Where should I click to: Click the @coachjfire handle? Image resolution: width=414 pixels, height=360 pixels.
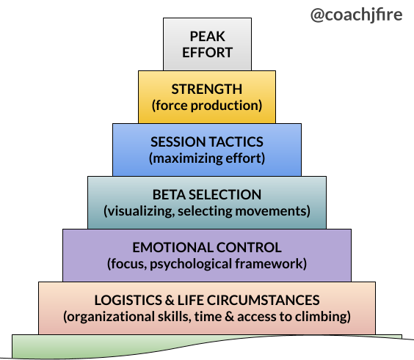(x=357, y=15)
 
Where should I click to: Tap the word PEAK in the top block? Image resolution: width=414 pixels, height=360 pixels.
(x=207, y=37)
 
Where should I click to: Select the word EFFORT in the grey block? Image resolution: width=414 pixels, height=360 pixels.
(x=207, y=52)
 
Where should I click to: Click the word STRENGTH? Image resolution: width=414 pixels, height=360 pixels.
(x=207, y=89)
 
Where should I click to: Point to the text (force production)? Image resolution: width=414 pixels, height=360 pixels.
(x=207, y=106)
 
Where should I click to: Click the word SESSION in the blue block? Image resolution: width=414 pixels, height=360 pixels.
(x=175, y=142)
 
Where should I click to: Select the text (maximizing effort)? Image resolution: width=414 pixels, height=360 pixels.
(x=207, y=158)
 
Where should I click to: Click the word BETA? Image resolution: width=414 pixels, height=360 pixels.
(x=169, y=194)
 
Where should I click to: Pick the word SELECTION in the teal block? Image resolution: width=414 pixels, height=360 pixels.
(x=225, y=194)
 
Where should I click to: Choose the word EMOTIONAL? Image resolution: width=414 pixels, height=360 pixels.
(x=172, y=247)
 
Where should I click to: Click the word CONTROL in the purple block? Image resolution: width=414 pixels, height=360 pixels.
(x=249, y=247)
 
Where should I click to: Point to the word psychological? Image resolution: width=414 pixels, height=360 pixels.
(x=191, y=264)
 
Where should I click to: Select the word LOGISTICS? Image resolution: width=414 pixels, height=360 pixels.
(x=128, y=300)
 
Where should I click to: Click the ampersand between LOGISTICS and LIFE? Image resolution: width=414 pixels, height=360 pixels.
(x=170, y=300)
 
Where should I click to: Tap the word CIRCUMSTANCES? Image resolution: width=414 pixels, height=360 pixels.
(x=263, y=300)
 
